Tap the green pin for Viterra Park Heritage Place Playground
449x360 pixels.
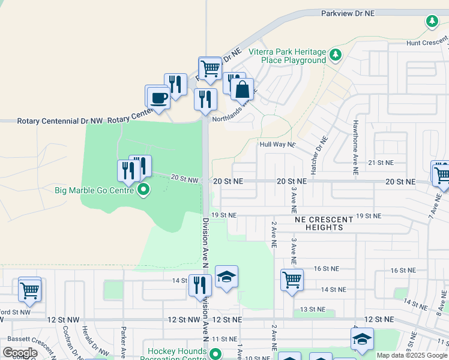point(336,55)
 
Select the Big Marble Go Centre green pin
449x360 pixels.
point(143,191)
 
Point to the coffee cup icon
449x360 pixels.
point(159,98)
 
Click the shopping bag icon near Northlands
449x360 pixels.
point(242,90)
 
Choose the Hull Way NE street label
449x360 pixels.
point(277,145)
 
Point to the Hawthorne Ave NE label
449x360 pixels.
point(355,147)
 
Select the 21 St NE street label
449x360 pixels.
point(380,163)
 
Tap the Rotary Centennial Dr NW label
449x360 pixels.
point(60,121)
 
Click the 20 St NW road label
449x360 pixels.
point(184,178)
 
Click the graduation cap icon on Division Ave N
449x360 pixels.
point(226,277)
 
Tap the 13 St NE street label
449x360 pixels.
point(312,309)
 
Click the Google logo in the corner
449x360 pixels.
point(20,353)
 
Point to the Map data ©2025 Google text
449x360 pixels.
point(411,355)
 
